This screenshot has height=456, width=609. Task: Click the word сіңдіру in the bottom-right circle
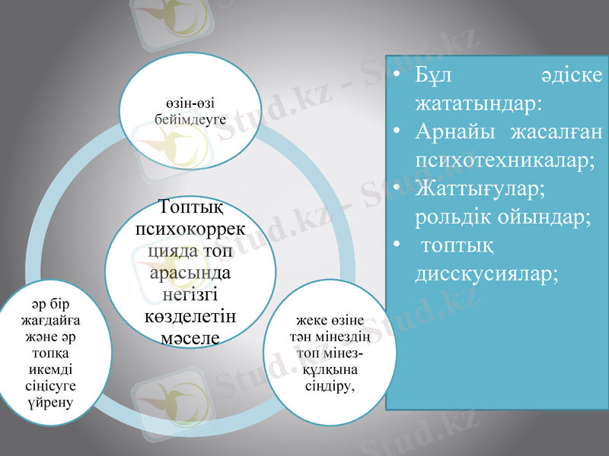coord(330,385)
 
